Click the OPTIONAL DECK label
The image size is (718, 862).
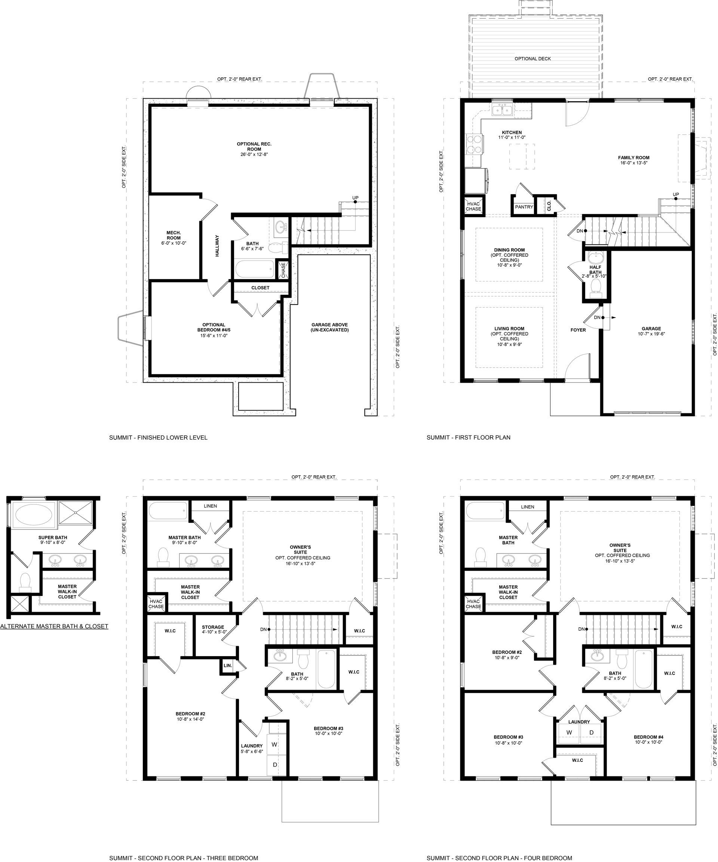click(x=533, y=59)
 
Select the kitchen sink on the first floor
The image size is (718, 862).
click(x=501, y=109)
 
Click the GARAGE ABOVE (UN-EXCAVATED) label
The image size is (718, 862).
click(x=329, y=327)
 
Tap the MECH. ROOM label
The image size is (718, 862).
click(x=174, y=235)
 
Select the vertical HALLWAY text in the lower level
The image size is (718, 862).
click(x=217, y=246)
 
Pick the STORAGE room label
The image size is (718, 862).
click(x=213, y=627)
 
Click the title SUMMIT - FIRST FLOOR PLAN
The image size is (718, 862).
click(x=468, y=438)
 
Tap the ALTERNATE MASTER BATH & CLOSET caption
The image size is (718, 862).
click(x=54, y=626)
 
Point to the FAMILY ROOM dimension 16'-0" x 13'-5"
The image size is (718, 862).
click(x=634, y=163)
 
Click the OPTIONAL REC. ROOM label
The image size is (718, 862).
click(x=254, y=146)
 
